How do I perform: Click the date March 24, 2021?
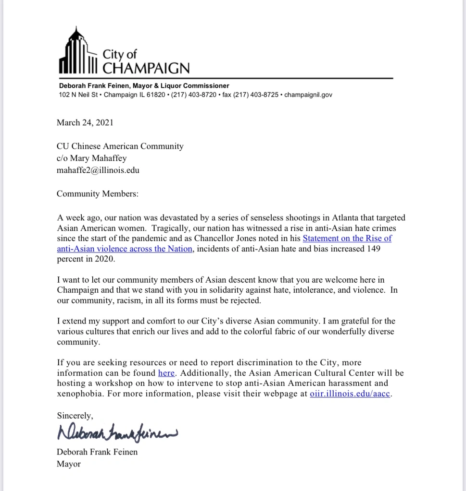coord(85,122)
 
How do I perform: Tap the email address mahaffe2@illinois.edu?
coord(98,170)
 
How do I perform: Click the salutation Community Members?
coord(97,194)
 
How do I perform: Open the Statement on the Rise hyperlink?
coord(347,238)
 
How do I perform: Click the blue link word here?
coord(166,373)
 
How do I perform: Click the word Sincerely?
coord(75,415)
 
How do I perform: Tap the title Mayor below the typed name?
coord(69,464)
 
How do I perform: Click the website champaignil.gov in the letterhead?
coord(308,95)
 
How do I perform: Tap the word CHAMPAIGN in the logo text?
coord(146,68)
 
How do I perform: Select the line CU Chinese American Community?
coord(120,146)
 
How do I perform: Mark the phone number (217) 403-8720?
coord(191,95)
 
